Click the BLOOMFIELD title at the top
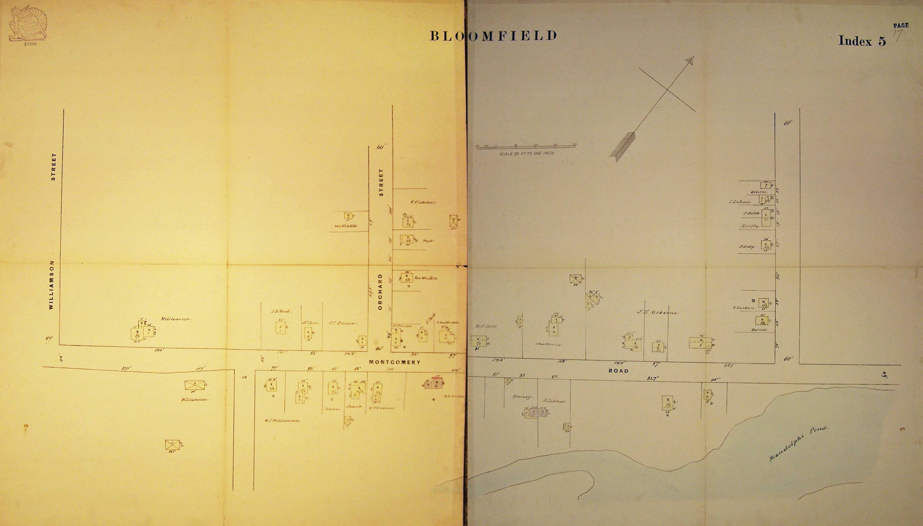tap(493, 36)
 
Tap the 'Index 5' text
tap(862, 41)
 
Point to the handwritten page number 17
tap(898, 35)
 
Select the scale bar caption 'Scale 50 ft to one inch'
tap(527, 153)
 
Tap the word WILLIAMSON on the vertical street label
tap(51, 285)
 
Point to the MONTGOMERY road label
tap(394, 362)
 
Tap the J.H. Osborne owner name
tap(657, 312)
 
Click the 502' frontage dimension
tap(159, 350)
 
